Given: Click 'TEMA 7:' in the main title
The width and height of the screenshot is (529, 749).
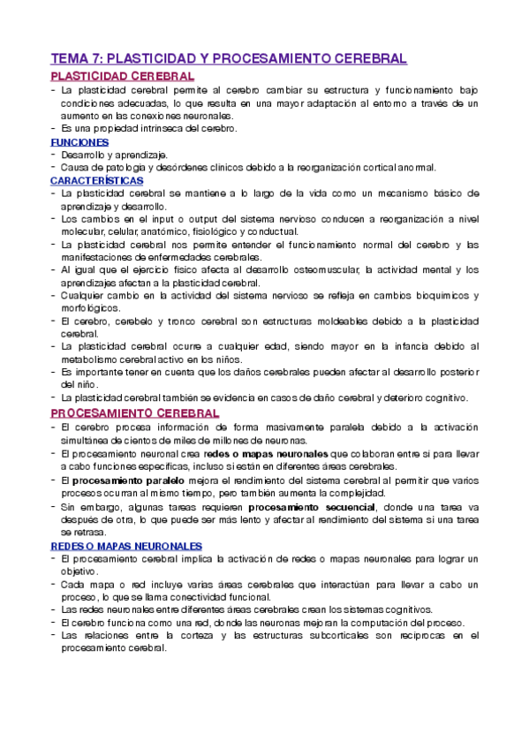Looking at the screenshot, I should [x=75, y=58].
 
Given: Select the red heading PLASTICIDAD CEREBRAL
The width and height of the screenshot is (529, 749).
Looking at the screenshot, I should [x=123, y=77].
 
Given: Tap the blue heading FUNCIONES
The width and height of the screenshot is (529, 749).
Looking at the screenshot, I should [x=79, y=141].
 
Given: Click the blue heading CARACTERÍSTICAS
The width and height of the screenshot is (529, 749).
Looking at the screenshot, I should [x=97, y=179].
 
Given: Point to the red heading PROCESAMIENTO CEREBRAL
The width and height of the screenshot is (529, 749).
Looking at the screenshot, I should [x=135, y=412].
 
